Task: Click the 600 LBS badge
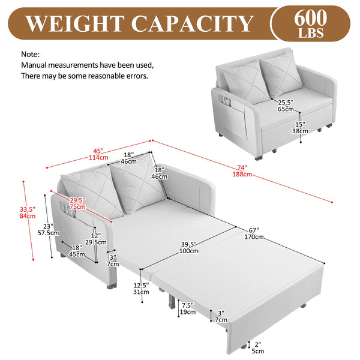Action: pos(311,23)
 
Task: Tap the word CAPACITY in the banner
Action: pos(192,23)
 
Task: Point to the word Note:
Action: pos(31,55)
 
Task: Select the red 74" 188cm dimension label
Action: pos(242,171)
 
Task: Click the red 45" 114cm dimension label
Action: pos(98,154)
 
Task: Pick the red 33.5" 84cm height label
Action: pos(28,212)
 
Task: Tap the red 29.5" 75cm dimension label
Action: pos(77,203)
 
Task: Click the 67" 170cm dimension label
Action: pos(254,233)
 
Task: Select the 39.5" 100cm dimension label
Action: pos(189,247)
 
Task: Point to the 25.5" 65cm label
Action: pos(286,106)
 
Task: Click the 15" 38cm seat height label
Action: pos(300,128)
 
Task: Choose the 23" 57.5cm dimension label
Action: pos(48,230)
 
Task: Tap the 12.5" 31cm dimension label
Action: pos(141,289)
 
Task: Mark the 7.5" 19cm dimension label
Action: pos(188,308)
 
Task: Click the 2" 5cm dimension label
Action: pos(258,347)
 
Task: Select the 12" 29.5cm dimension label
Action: pos(96,239)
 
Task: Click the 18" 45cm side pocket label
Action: pos(77,251)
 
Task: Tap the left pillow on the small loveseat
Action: pos(245,82)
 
